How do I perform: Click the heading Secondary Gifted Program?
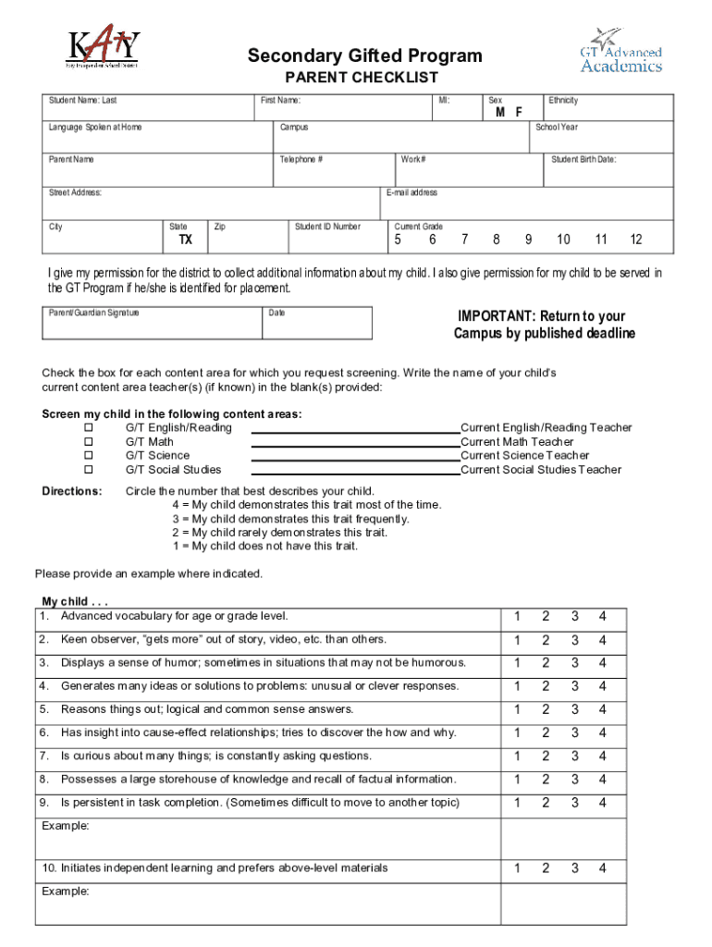364,56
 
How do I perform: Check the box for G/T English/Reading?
90,428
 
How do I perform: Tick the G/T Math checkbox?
90,442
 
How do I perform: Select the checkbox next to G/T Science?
90,456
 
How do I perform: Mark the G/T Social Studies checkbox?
90,470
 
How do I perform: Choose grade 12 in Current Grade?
635,240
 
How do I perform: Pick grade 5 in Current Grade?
398,240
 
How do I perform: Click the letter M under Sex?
499,112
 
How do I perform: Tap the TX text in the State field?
185,240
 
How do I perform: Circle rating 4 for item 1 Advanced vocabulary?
602,617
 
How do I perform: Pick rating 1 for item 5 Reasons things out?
518,710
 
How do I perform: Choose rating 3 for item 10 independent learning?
574,868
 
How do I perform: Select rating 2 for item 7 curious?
546,756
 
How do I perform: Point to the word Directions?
72,491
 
